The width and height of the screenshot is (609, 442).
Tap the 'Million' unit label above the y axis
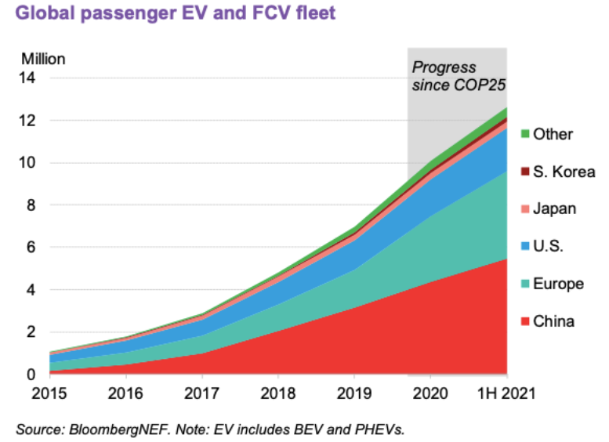43,59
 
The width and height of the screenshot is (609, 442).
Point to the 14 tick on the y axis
29,78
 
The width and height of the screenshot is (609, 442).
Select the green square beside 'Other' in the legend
525,134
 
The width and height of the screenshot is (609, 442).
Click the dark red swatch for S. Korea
525,172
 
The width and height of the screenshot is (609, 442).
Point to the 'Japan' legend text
555,208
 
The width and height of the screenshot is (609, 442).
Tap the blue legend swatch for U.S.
525,247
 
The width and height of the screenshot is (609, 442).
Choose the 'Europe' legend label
559,284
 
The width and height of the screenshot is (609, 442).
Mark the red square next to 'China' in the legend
525,321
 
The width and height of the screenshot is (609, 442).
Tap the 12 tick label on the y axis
29,121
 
